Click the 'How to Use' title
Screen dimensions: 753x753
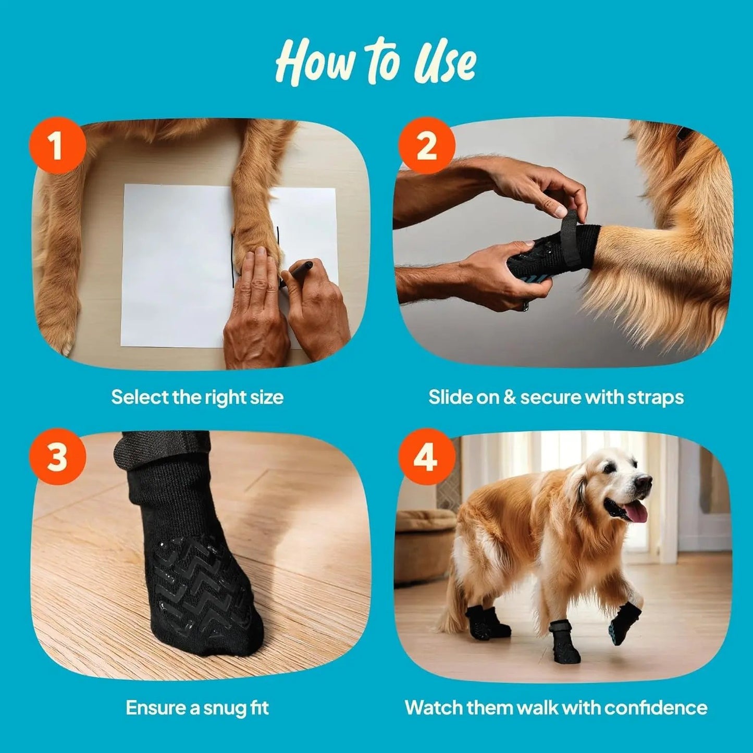tap(375, 61)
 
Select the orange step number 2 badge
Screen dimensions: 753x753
tap(427, 145)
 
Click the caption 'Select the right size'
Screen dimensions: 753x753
tap(197, 397)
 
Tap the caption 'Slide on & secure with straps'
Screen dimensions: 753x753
tap(556, 397)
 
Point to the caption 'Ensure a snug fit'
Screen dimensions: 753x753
tap(197, 708)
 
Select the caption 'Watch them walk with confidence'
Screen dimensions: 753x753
tap(556, 708)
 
